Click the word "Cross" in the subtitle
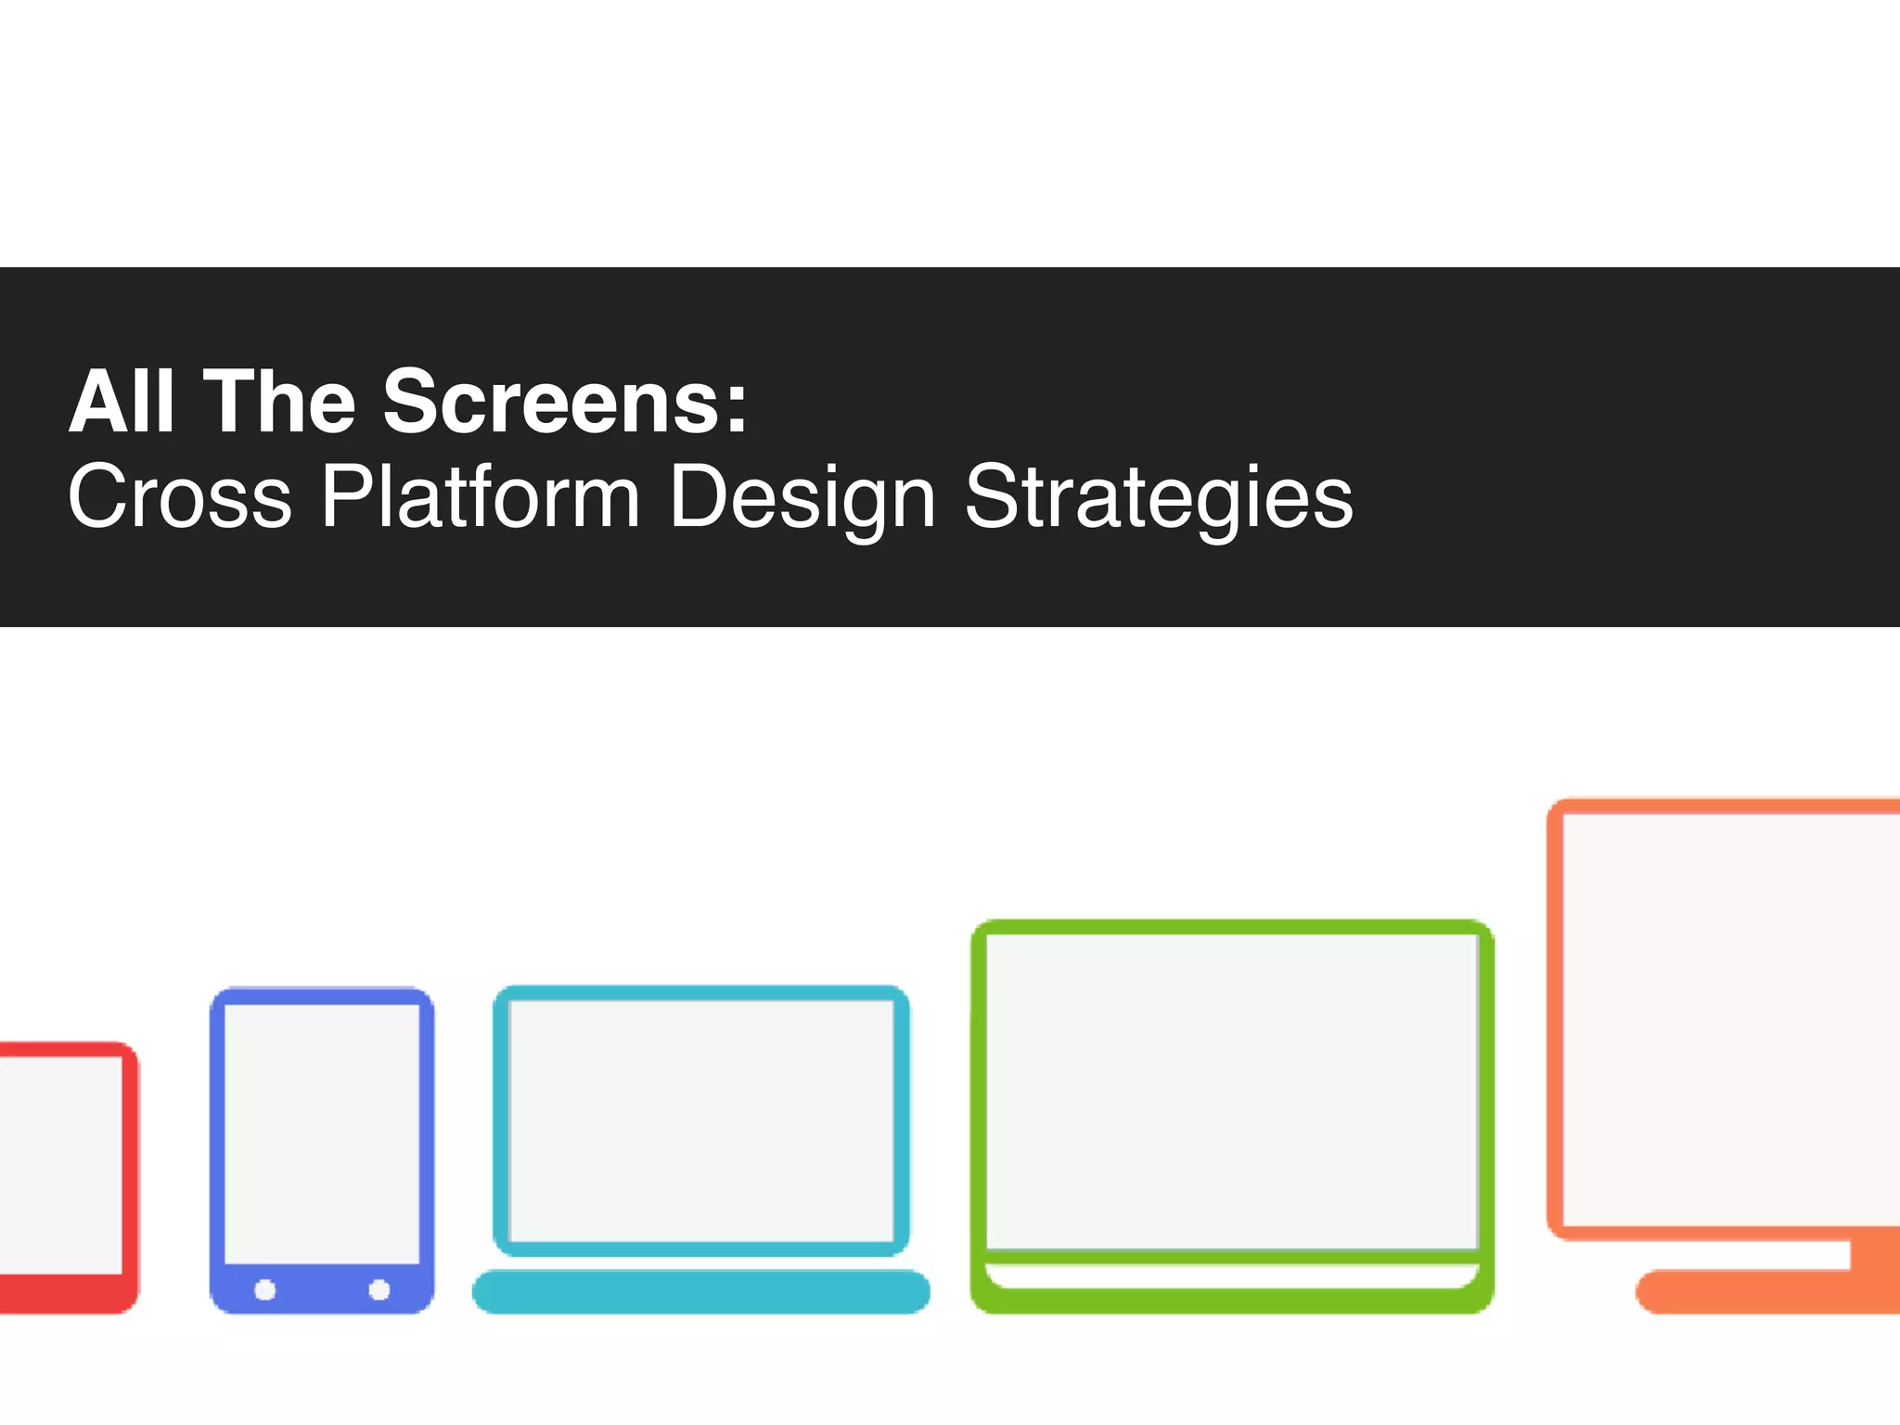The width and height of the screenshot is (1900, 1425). click(180, 497)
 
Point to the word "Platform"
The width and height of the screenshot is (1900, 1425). click(481, 497)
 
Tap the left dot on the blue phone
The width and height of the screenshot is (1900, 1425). click(265, 1290)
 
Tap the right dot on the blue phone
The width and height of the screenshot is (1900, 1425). click(379, 1290)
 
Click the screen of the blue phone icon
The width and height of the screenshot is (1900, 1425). click(322, 1132)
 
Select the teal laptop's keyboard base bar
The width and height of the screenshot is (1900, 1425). click(700, 1291)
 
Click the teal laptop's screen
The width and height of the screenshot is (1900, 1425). click(700, 1121)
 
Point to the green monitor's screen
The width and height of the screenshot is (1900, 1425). click(1231, 1091)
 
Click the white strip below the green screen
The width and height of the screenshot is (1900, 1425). click(1231, 1276)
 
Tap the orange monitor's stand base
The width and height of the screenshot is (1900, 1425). click(1763, 1292)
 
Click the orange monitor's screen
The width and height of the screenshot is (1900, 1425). click(1731, 1021)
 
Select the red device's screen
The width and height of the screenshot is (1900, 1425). click(60, 1164)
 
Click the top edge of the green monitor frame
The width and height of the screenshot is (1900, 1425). click(1231, 927)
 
